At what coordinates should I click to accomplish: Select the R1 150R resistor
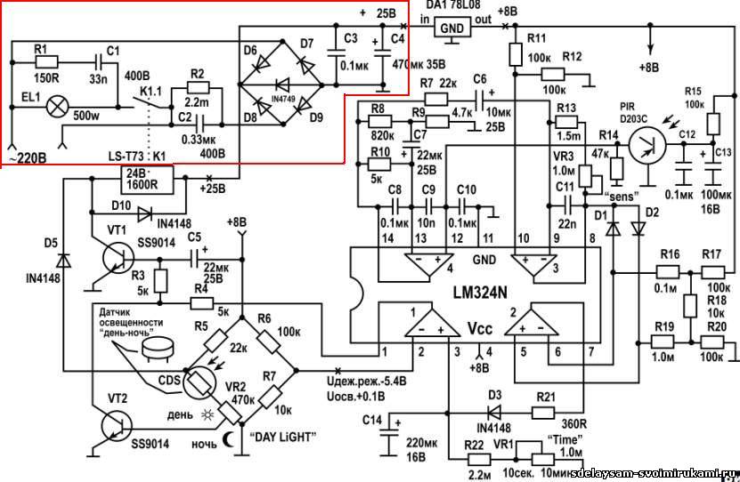click(46, 62)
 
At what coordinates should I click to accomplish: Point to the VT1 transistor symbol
click(118, 258)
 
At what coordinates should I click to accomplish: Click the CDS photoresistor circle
click(198, 382)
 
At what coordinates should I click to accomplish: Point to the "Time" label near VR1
click(557, 442)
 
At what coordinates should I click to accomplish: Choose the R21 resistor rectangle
click(546, 413)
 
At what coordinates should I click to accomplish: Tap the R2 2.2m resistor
click(198, 88)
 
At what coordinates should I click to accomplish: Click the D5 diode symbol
click(62, 261)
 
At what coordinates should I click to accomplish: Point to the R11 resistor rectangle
click(514, 55)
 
